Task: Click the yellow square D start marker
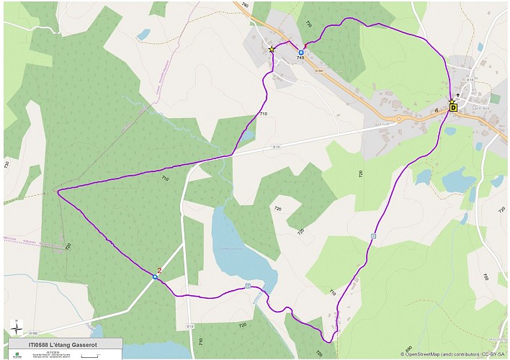tap(453, 107)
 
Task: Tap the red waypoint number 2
tap(158, 271)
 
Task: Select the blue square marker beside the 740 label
tap(300, 53)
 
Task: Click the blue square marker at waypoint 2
tap(155, 276)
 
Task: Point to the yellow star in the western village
tap(272, 50)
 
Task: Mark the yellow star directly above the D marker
tap(452, 101)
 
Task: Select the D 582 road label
tap(33, 332)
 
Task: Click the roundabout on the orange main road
tap(398, 120)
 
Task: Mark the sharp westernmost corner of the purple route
tap(58, 191)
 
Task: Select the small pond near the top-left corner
tap(144, 34)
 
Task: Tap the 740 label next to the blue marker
tap(300, 58)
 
